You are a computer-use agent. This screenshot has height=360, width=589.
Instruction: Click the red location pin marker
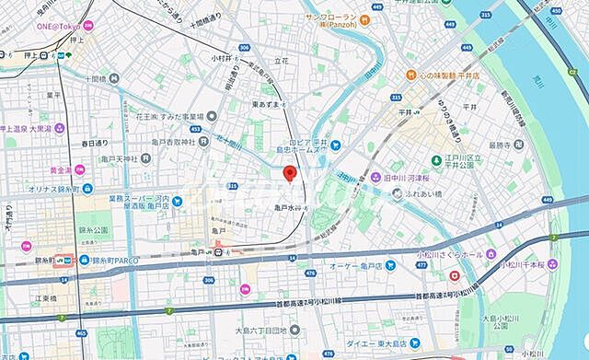coord(288,173)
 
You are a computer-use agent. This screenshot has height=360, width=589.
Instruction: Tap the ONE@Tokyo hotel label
coord(60,26)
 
